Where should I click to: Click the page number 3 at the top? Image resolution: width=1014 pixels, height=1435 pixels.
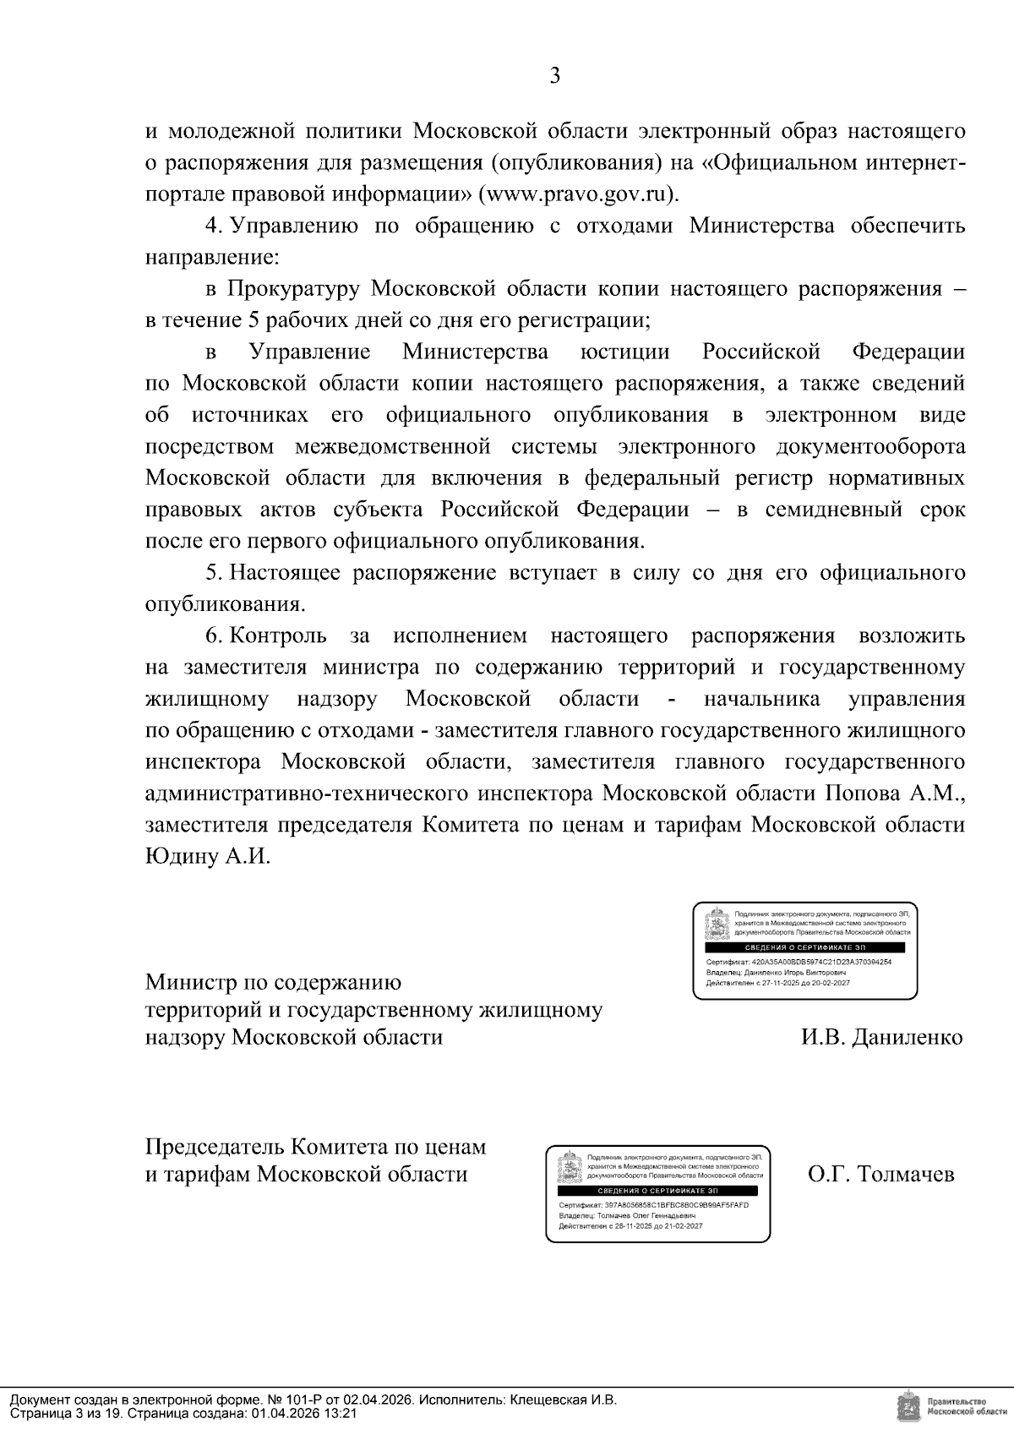coord(554,76)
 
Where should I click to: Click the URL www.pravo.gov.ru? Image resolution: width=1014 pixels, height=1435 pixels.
coord(577,194)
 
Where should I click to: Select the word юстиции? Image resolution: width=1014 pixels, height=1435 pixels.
coord(625,352)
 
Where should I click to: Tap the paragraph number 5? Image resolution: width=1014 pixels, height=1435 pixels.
coord(214,573)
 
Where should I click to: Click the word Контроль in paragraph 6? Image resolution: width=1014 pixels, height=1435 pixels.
coord(278,636)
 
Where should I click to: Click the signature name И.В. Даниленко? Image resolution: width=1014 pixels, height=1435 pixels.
coord(881,1037)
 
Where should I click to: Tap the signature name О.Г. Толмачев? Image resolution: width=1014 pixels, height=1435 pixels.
coord(880,1175)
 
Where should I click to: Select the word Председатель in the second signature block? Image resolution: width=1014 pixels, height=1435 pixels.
coord(215,1147)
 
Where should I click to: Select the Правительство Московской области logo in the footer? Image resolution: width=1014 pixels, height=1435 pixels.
coord(950,1406)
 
